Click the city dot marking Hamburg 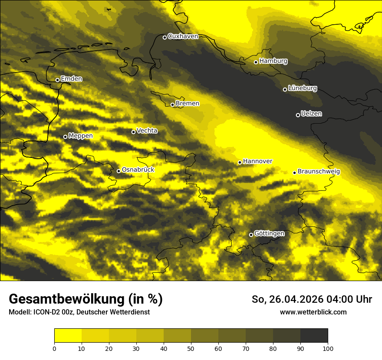tap(256, 62)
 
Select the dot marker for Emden tap(57, 80)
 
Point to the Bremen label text tap(188, 104)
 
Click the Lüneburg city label tap(303, 88)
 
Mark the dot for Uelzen tap(298, 115)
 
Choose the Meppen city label tap(81, 136)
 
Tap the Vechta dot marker tap(133, 132)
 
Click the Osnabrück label tap(138, 170)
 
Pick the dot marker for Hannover tap(240, 162)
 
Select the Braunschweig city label tap(319, 172)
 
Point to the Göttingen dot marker tap(251, 235)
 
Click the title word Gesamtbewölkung tap(65, 299)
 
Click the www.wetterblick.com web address tap(313, 312)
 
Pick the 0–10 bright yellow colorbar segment tap(68, 336)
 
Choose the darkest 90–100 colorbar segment tap(314, 336)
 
